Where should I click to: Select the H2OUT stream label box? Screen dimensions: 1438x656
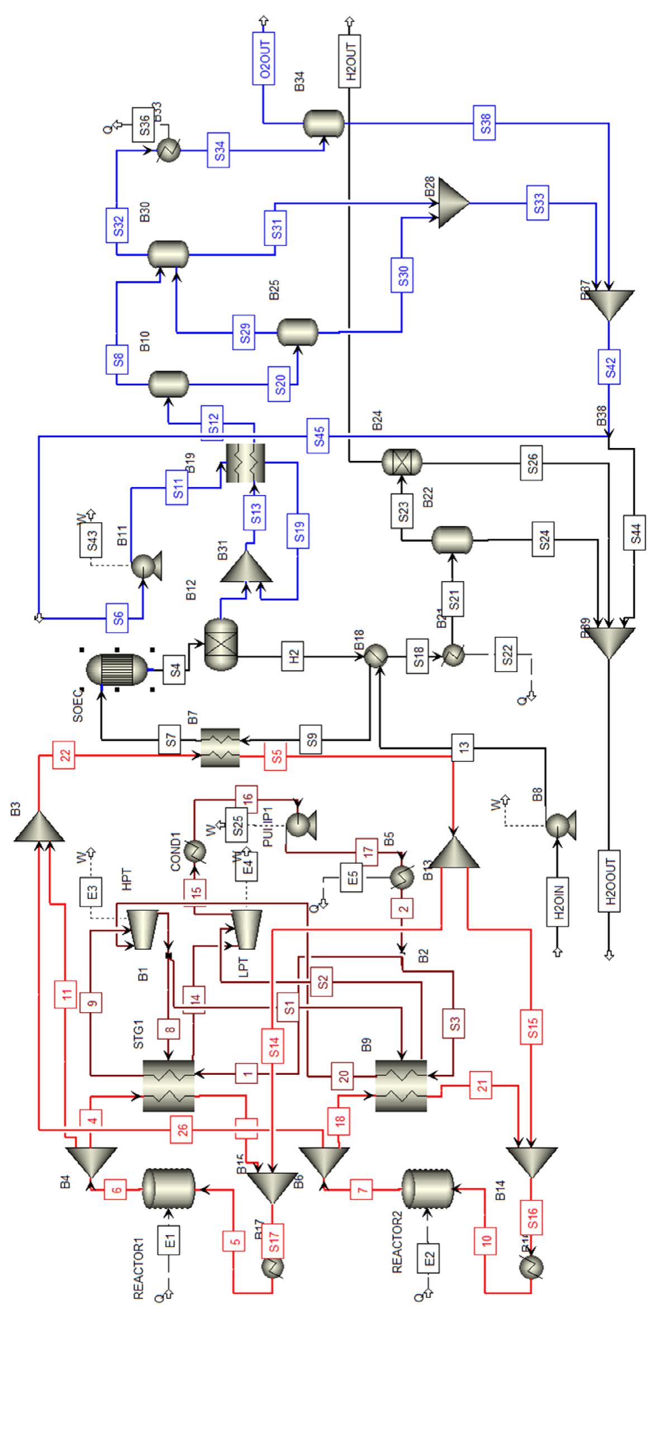tap(350, 61)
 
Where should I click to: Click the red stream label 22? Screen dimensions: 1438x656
tap(65, 756)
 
